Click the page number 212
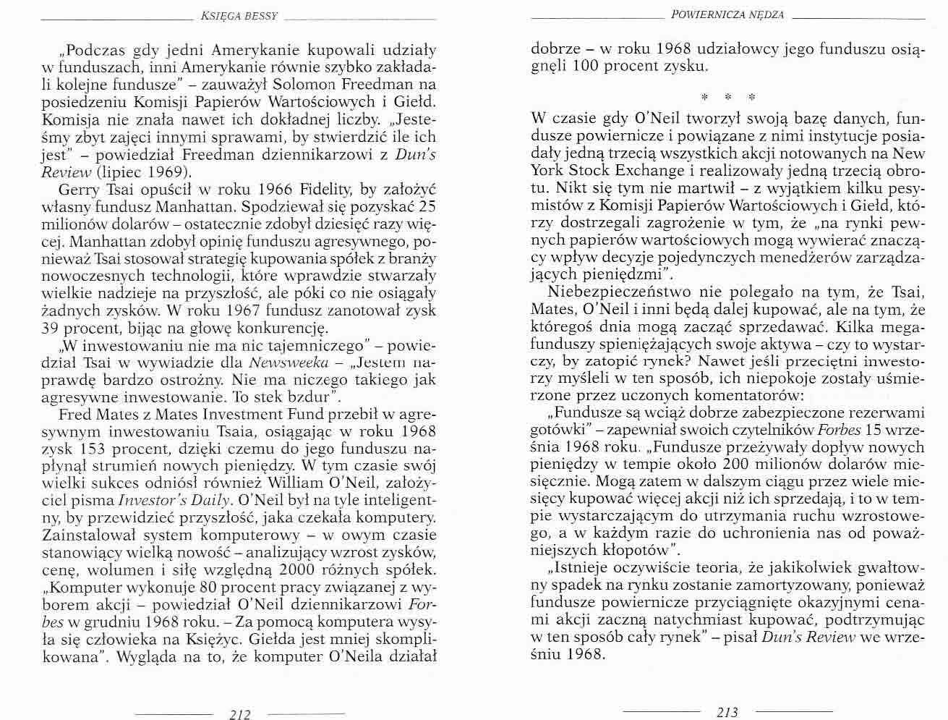(x=239, y=713)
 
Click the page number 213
(x=727, y=712)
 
